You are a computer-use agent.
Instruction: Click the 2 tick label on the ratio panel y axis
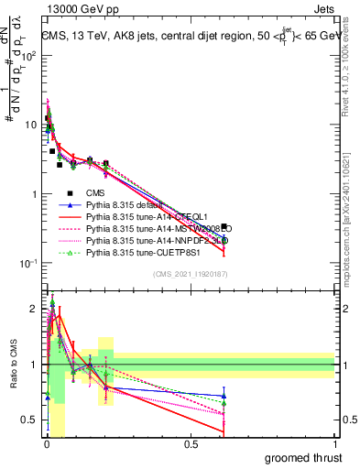click(x=33, y=308)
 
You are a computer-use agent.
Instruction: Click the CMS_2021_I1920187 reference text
click(x=189, y=275)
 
